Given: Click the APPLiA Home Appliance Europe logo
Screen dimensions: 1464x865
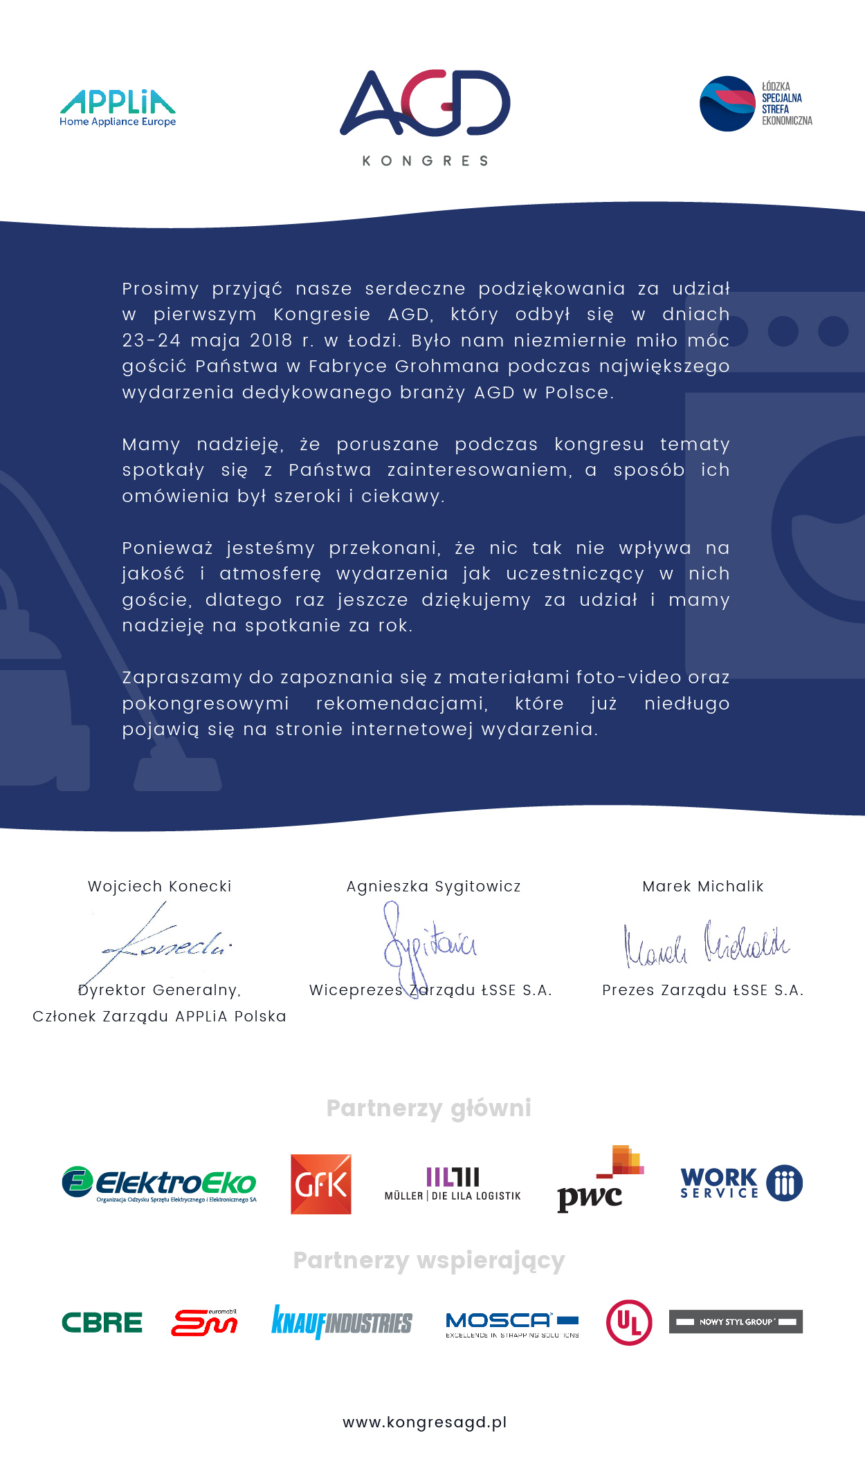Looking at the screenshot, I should click(x=118, y=108).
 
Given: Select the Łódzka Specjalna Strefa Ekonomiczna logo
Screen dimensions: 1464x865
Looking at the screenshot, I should click(x=756, y=104).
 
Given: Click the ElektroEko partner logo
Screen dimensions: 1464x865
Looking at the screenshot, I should click(x=159, y=1184).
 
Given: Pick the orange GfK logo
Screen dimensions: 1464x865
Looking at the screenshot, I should click(x=321, y=1184).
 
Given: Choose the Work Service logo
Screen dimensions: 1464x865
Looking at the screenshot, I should click(x=741, y=1183).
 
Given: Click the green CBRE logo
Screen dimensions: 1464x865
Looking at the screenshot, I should click(x=102, y=1322).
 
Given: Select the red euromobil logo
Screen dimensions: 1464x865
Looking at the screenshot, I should click(x=204, y=1322).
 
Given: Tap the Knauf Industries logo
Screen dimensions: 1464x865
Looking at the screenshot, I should click(x=342, y=1322).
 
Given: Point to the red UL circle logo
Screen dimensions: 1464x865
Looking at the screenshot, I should click(x=628, y=1322).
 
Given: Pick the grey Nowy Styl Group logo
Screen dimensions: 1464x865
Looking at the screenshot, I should click(x=736, y=1322).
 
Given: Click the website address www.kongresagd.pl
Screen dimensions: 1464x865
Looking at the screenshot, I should click(x=425, y=1422).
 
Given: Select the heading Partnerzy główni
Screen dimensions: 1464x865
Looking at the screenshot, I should click(x=429, y=1108).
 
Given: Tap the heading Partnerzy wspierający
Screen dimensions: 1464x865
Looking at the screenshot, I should click(x=429, y=1260).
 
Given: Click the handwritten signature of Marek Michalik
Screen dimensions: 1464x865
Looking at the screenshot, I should click(x=706, y=945).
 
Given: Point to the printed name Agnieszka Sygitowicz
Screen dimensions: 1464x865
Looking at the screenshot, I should click(x=433, y=887).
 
